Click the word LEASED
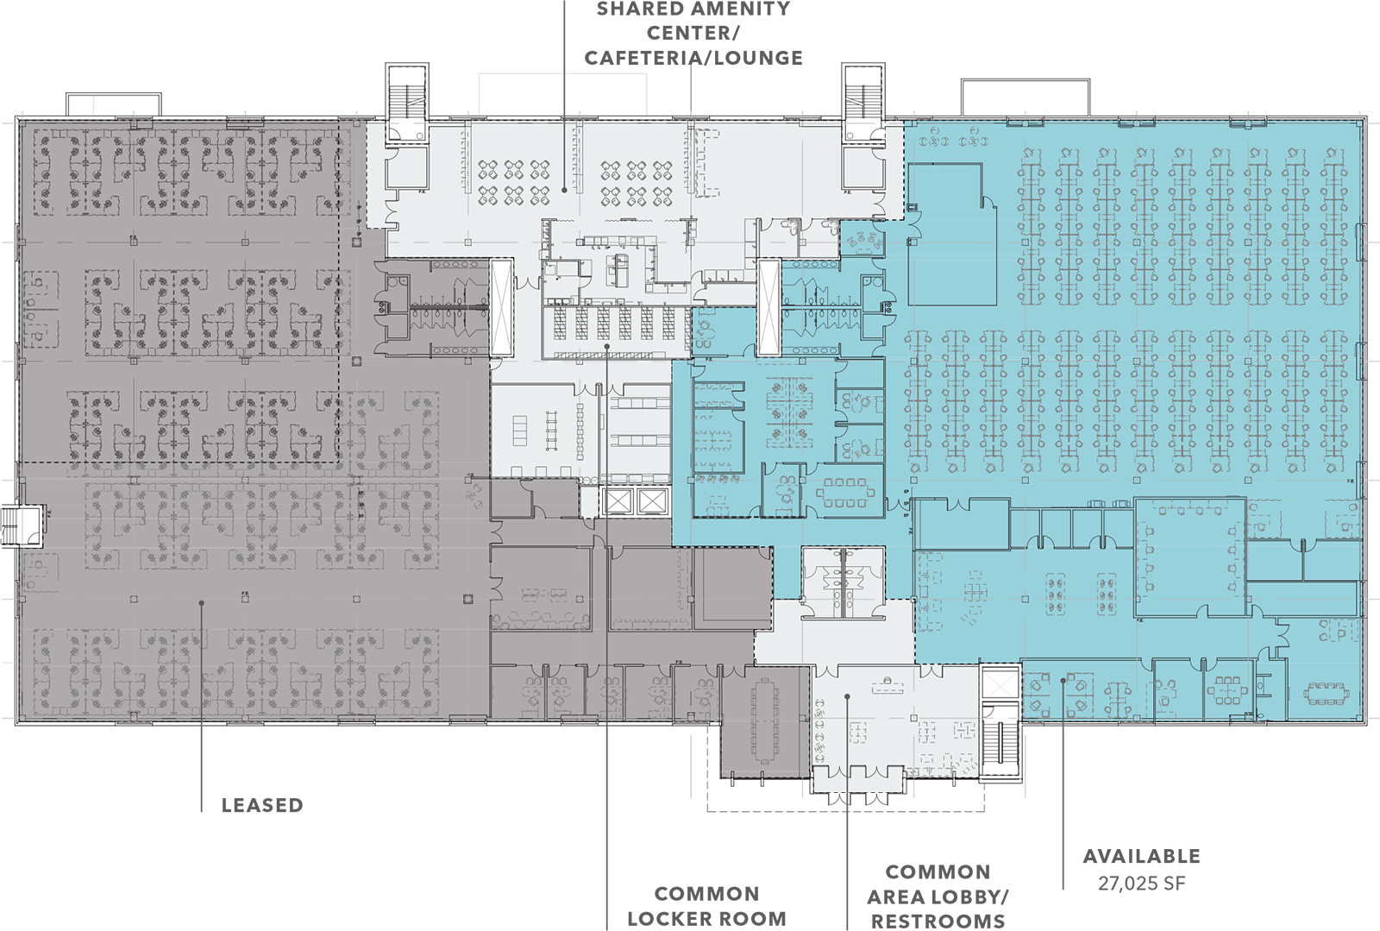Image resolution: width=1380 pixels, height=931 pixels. (x=262, y=805)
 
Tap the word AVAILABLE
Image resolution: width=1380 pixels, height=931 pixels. (x=1142, y=856)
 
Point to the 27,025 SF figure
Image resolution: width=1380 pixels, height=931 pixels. (x=1142, y=884)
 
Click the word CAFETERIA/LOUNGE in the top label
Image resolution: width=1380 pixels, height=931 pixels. (x=693, y=58)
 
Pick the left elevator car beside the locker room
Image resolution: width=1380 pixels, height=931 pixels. (x=618, y=501)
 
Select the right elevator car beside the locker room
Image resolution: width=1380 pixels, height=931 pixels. (x=652, y=501)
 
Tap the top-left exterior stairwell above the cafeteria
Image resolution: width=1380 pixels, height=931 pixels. (x=406, y=104)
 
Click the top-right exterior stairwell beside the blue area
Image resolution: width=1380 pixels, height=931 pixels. (x=863, y=103)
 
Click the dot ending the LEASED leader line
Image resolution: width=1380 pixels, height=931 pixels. (x=202, y=602)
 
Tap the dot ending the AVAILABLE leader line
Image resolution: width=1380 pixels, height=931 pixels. (x=1063, y=680)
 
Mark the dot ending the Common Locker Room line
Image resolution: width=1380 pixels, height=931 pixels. (x=607, y=346)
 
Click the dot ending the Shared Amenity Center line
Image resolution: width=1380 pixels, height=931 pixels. (x=564, y=190)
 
